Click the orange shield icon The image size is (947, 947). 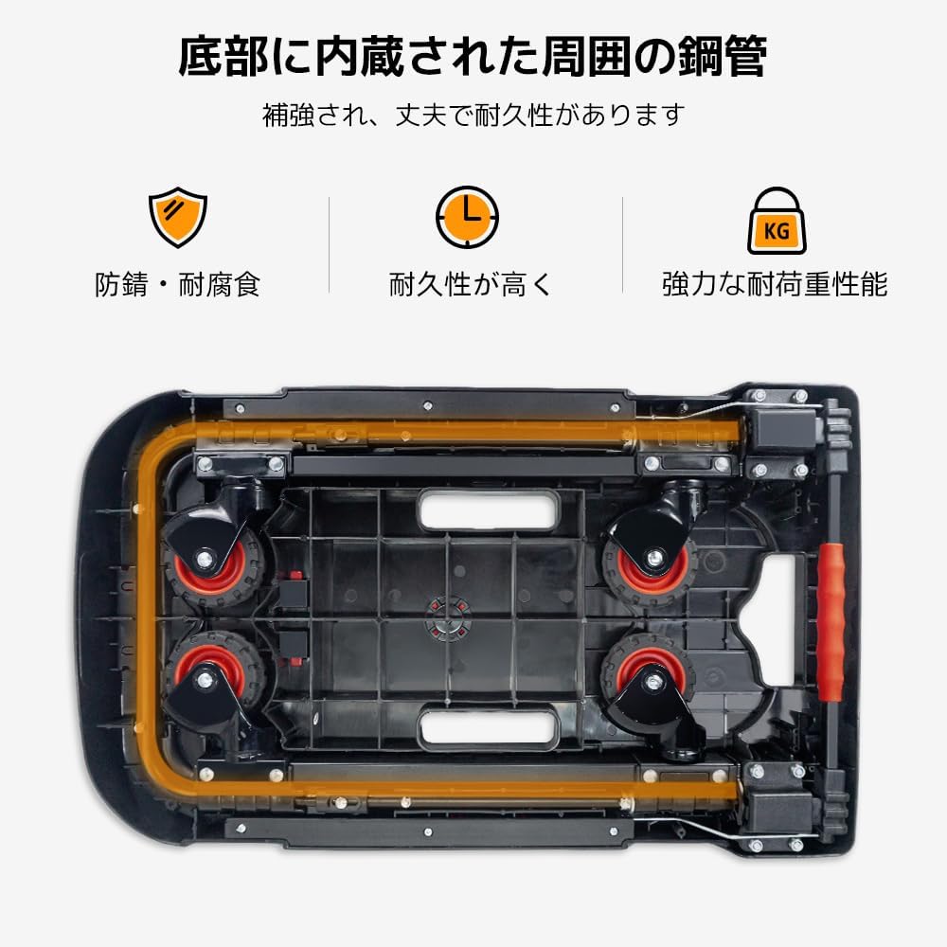click(177, 218)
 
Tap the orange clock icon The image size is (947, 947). click(467, 218)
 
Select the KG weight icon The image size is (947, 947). click(777, 221)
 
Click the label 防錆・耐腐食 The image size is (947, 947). click(177, 284)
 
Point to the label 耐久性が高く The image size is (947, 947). click(471, 284)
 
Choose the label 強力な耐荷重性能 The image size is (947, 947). click(775, 284)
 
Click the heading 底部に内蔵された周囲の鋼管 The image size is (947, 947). click(473, 57)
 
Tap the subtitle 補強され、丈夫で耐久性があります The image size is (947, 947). click(473, 116)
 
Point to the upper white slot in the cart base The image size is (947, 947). click(488, 511)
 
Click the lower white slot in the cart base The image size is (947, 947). click(488, 728)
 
